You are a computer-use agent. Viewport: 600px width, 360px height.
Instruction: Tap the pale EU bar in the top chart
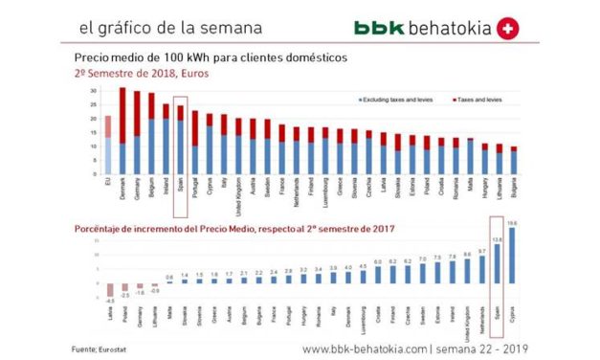pos(108,144)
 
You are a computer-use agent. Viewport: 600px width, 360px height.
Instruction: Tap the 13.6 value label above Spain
pos(496,239)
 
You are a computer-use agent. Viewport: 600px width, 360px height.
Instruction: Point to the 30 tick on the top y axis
pos(93,91)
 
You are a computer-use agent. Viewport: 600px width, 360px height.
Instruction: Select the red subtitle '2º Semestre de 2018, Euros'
pos(141,72)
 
